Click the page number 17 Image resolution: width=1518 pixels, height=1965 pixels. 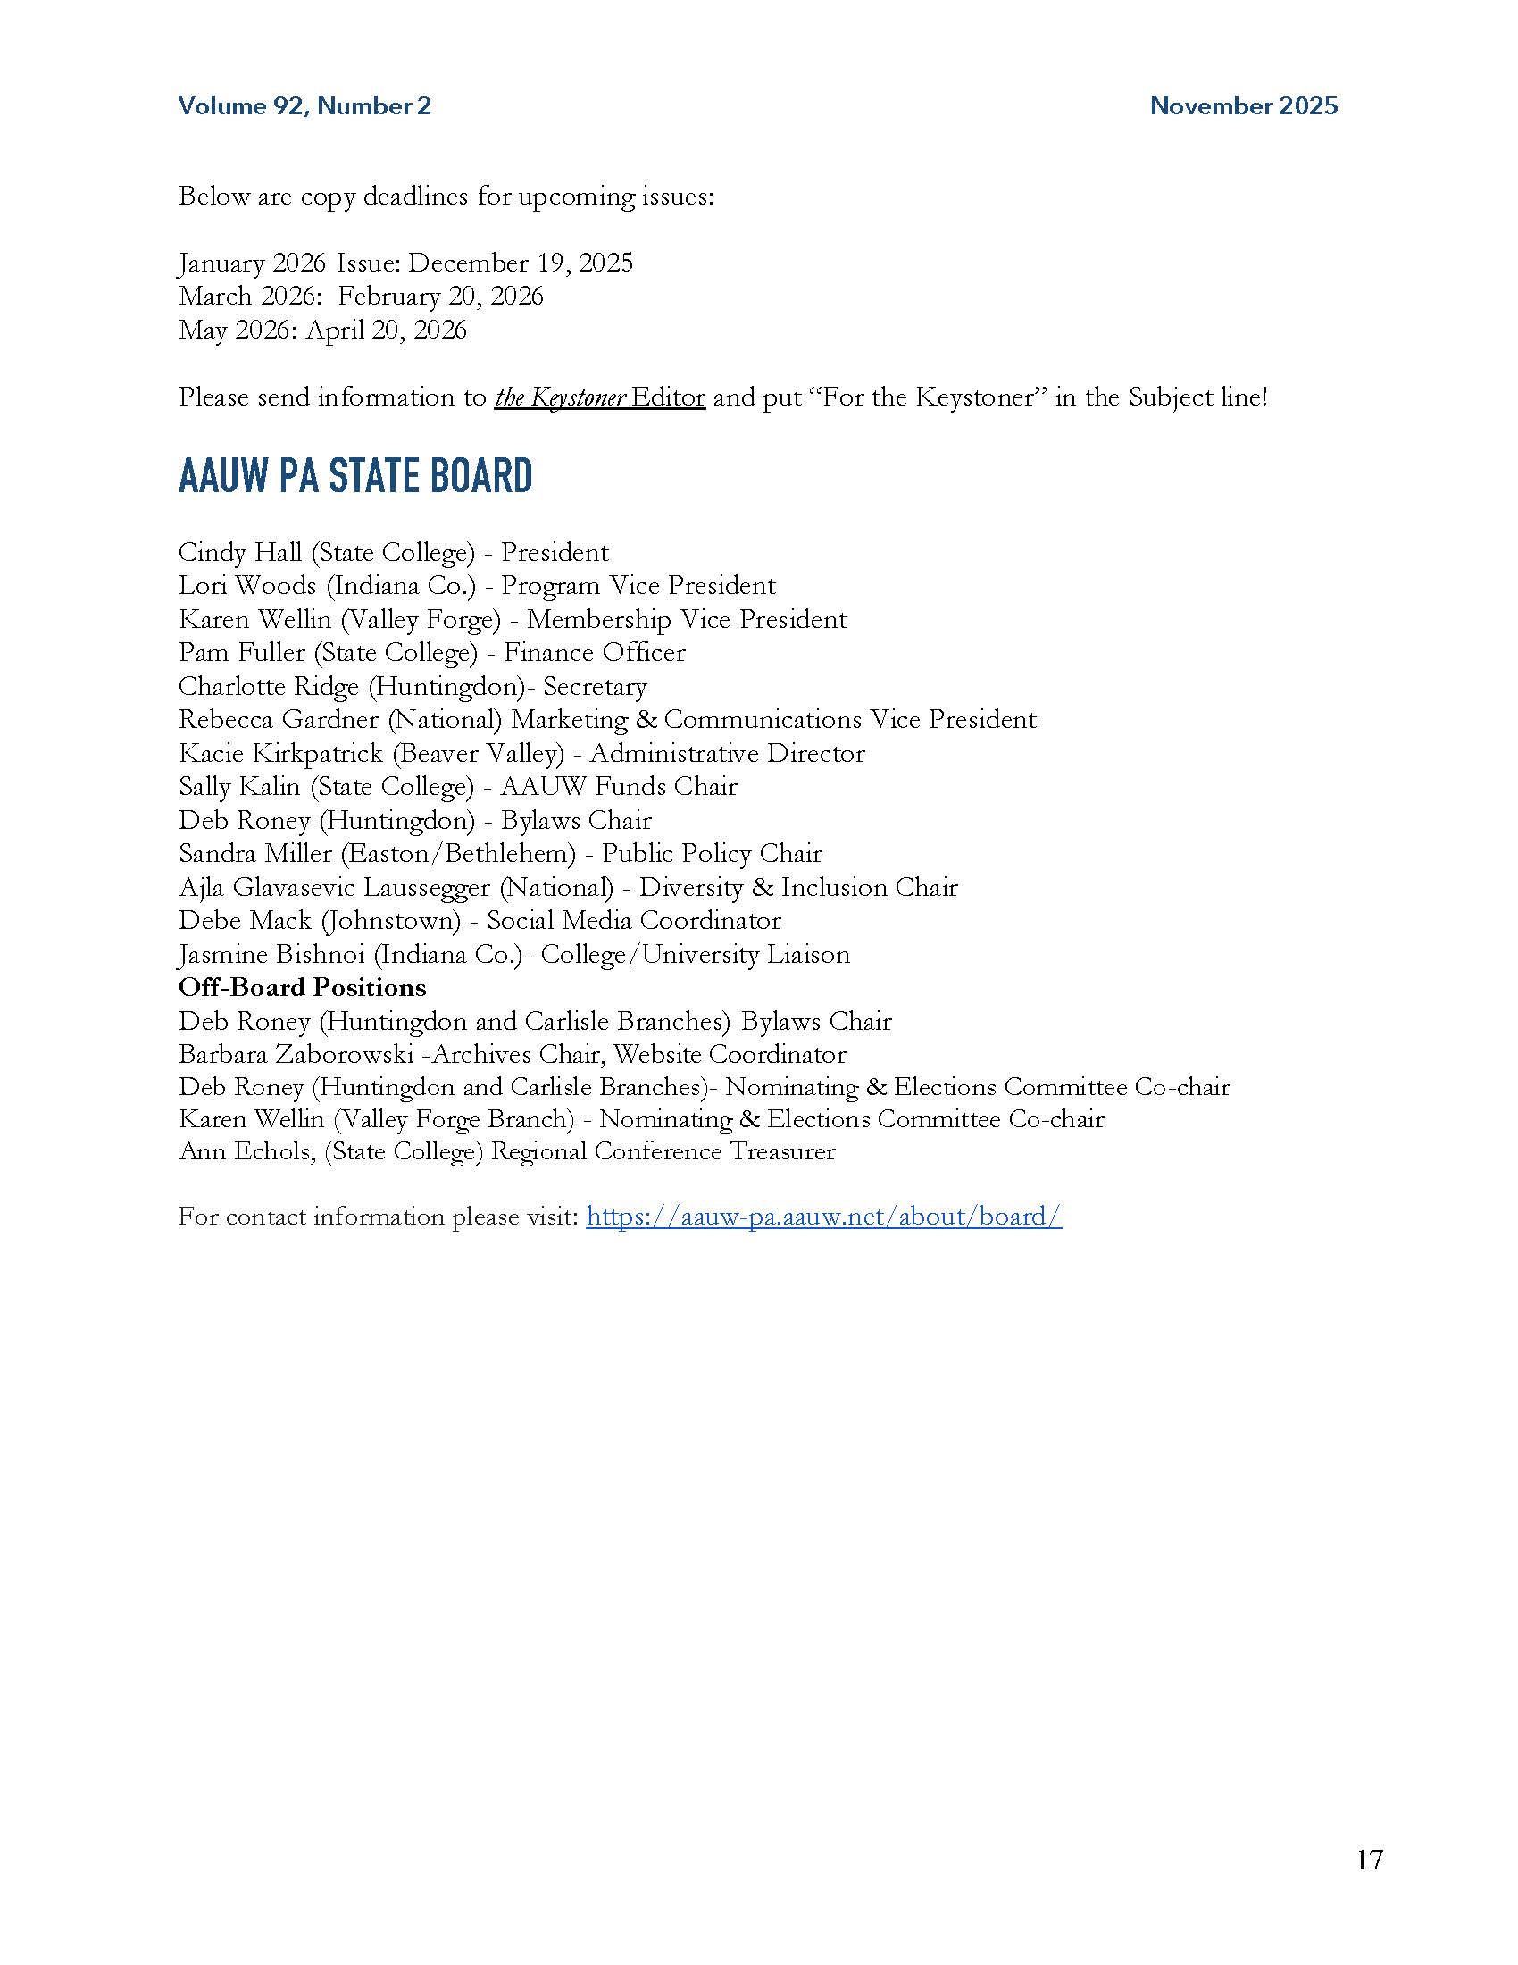tap(1369, 1860)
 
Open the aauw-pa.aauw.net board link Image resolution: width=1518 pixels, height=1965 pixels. tap(824, 1217)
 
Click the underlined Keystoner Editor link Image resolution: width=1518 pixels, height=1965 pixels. tap(599, 397)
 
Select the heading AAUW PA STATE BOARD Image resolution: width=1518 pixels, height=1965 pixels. tap(355, 476)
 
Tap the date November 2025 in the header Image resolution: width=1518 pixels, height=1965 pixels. tap(1244, 106)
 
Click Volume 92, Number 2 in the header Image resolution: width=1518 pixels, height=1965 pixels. tap(304, 106)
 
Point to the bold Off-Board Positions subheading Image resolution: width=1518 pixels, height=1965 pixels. tap(302, 987)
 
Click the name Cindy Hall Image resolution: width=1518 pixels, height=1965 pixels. tap(240, 551)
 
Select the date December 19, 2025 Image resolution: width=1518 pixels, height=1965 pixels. tap(521, 263)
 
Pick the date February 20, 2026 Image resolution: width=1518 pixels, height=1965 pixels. tap(440, 296)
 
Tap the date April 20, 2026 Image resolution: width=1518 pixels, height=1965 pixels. tap(386, 330)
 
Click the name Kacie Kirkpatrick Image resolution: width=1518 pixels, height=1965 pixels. tap(280, 753)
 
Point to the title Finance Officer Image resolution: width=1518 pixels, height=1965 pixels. tap(595, 652)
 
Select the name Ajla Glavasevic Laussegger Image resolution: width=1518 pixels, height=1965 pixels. tap(335, 887)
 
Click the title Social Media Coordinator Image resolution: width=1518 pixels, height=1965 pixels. tap(634, 920)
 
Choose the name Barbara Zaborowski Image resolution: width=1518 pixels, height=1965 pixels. tap(296, 1054)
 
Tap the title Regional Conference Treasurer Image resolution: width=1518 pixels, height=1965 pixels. tap(663, 1151)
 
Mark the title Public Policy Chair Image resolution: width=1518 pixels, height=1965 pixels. tap(713, 853)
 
